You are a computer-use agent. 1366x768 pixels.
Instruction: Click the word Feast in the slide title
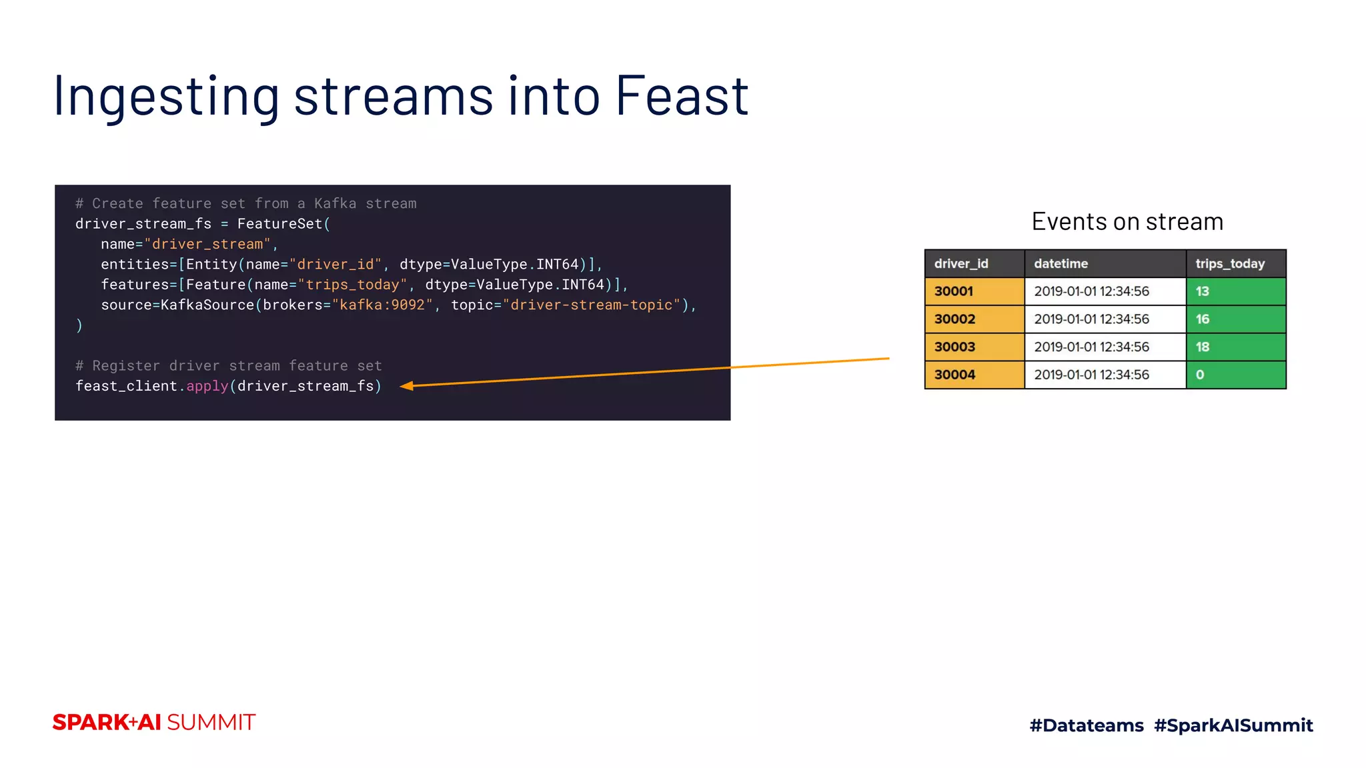coord(681,96)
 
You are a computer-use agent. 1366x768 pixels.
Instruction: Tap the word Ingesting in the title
coord(166,97)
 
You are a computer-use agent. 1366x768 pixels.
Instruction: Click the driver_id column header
coord(961,264)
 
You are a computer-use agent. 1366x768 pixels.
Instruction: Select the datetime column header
coord(1061,264)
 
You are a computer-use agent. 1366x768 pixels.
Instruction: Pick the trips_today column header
coord(1230,264)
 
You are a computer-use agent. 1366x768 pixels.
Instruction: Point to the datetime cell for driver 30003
coord(1092,347)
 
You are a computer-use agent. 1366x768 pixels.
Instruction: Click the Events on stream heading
coord(1127,222)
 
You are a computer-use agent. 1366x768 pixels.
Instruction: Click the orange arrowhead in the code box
coord(407,385)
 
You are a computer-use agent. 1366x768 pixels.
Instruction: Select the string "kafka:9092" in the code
coord(382,305)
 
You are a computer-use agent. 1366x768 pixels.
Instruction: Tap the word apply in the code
coord(207,387)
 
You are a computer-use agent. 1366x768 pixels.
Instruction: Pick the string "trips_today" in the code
coord(352,285)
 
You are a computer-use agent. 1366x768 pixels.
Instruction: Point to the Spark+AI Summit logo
coord(154,723)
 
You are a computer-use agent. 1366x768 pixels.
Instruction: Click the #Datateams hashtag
coord(1087,725)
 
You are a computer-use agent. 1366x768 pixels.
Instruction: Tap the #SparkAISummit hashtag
coord(1233,725)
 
